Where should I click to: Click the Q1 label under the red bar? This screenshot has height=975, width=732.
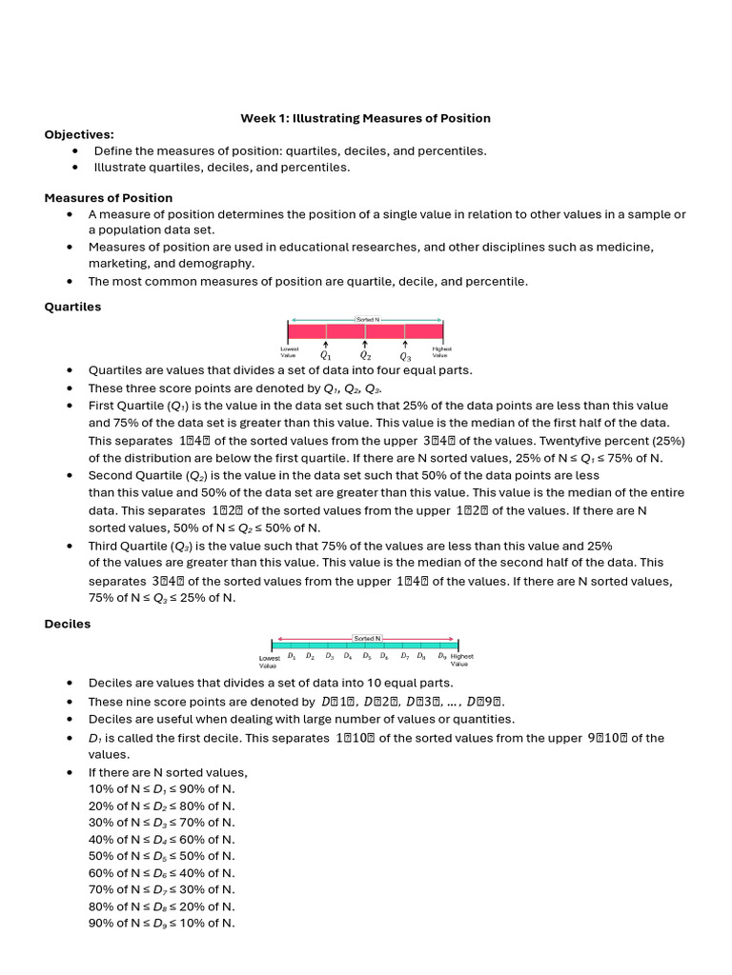coord(325,356)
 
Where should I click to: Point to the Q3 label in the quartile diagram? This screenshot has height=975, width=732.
coord(405,356)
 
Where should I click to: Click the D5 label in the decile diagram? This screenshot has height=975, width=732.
coord(367,656)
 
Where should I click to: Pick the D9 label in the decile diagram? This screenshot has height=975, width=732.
coord(442,656)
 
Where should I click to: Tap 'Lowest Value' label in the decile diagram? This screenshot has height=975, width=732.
coord(270,660)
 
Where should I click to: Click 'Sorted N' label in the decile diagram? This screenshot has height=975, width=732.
coord(366,637)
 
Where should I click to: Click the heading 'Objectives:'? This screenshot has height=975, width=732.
coord(79,134)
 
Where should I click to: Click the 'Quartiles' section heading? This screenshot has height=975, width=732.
coord(72,307)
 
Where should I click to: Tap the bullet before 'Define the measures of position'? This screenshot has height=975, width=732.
coord(75,151)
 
